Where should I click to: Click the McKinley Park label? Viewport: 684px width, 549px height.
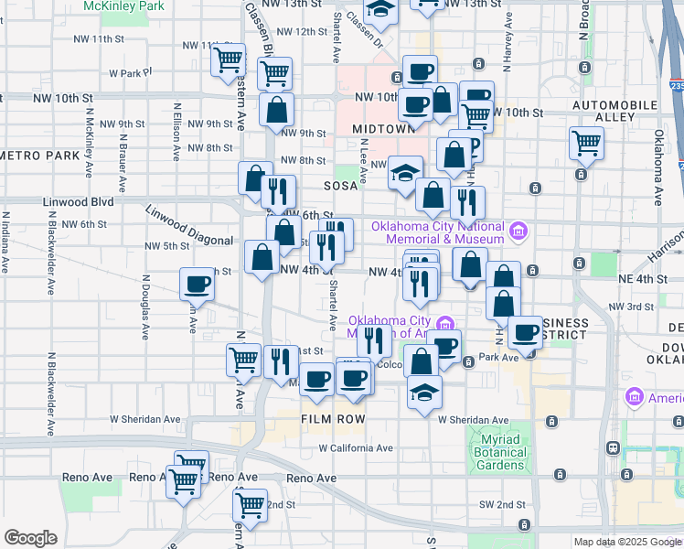coord(124,5)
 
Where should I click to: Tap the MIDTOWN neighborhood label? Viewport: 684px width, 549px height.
coord(384,129)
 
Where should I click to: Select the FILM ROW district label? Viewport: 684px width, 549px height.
coord(334,419)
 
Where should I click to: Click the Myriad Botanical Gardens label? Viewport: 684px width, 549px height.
coord(501,452)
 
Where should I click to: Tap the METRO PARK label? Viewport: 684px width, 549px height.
coord(41,155)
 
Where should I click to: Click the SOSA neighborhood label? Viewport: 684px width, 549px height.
coord(338,185)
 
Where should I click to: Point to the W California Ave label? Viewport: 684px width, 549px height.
coord(356,448)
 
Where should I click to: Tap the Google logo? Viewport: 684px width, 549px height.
coord(30,538)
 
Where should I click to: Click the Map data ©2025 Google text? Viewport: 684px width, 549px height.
coord(627,542)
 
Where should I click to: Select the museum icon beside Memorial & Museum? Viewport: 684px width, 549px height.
coord(518,229)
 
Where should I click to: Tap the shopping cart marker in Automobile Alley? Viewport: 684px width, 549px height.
coord(585,143)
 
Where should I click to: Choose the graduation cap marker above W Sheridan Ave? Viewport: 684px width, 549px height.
coord(424,393)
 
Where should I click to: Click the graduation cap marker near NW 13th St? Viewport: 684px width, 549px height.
coord(379,11)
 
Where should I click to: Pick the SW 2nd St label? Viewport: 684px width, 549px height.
coord(500,505)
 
